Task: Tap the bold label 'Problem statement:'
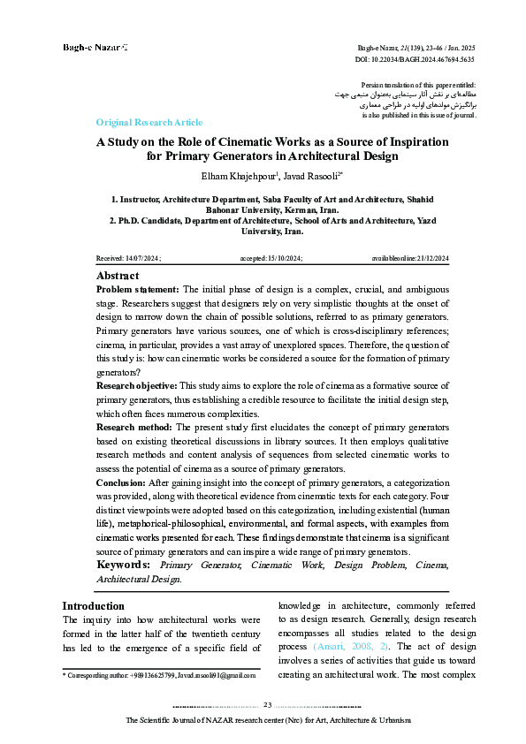[137, 290]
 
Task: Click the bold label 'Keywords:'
[123, 564]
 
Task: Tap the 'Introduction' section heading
[93, 605]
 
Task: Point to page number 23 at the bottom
[268, 704]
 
